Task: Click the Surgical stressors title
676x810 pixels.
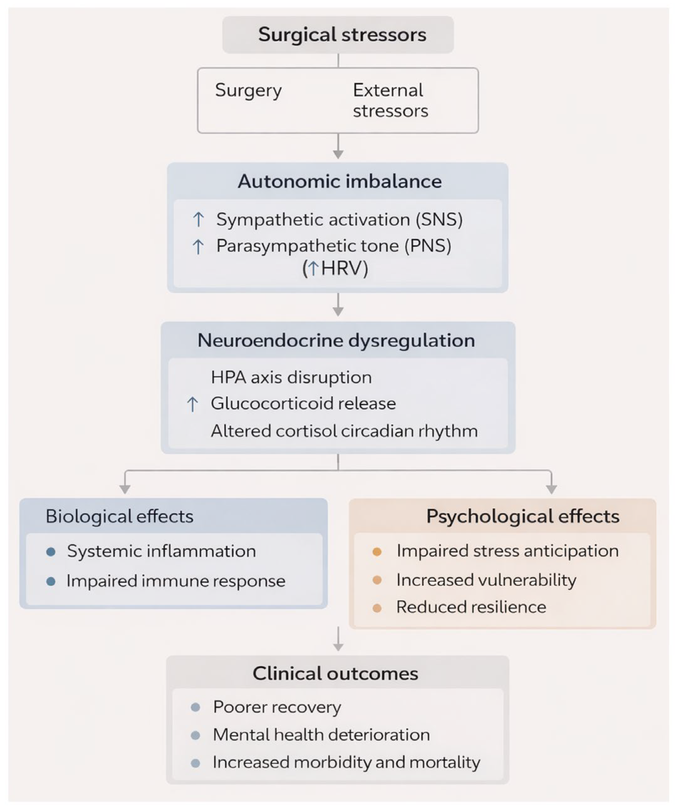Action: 342,35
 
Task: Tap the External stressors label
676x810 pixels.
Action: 390,100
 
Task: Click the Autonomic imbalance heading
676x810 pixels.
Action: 339,181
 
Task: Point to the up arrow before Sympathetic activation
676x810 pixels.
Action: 198,220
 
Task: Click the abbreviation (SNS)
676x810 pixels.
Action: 439,220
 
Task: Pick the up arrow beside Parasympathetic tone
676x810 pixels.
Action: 198,247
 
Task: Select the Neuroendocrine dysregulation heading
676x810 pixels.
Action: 336,340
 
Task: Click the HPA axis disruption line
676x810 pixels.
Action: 291,377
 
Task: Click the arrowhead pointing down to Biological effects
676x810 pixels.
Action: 125,489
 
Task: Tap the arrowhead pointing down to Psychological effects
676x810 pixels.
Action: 551,489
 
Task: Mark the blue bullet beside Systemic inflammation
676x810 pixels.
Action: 50,552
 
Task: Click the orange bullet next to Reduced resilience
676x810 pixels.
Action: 377,608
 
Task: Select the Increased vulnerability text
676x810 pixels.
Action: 486,580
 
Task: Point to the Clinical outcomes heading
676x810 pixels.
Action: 335,673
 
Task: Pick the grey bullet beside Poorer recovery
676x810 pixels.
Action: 196,707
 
